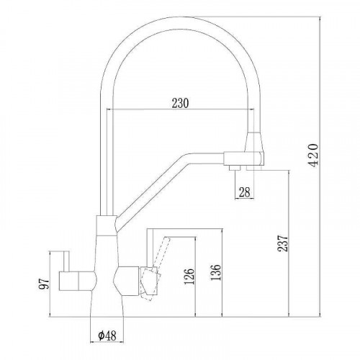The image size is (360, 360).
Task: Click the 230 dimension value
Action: click(x=180, y=102)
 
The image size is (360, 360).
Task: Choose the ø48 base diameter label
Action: click(x=106, y=336)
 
